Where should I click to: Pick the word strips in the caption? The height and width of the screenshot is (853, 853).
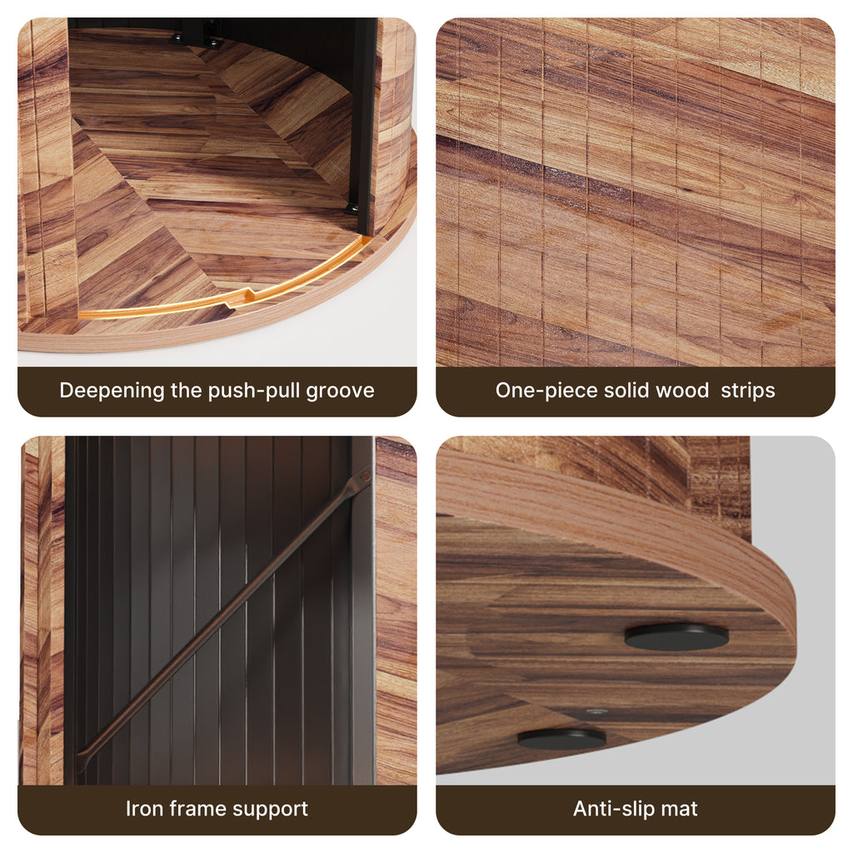747,392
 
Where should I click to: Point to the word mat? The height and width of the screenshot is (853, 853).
679,809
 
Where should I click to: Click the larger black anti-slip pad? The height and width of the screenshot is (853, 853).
676,636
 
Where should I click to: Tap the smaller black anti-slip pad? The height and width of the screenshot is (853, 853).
561,739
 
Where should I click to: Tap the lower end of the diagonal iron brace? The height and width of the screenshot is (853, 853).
82,758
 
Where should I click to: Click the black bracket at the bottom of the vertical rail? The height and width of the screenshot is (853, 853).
352,207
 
